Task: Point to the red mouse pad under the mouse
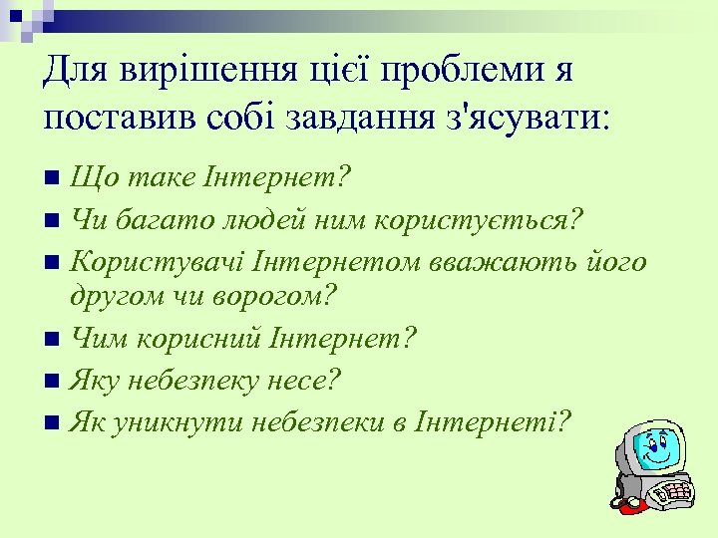tap(630, 507)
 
